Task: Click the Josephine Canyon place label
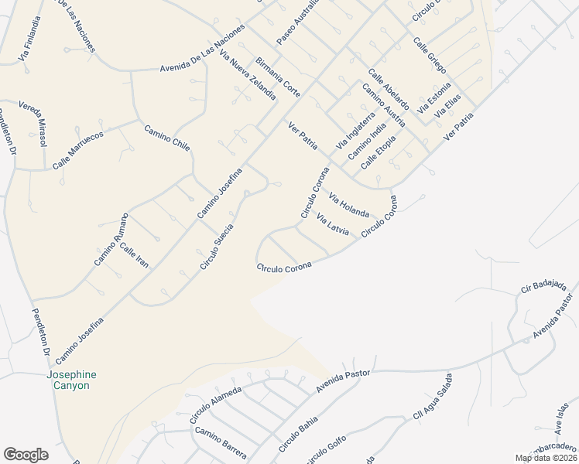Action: [x=71, y=380]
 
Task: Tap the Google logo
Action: [x=26, y=455]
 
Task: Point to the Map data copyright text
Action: [x=546, y=458]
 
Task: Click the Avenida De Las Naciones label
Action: [x=202, y=49]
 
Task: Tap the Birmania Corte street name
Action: [x=277, y=75]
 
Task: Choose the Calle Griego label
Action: [x=430, y=55]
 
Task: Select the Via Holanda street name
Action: [x=349, y=204]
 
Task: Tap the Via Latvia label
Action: [x=334, y=223]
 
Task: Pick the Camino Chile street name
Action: [x=166, y=137]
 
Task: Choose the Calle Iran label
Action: [x=133, y=255]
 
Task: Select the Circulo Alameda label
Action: [x=216, y=404]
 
